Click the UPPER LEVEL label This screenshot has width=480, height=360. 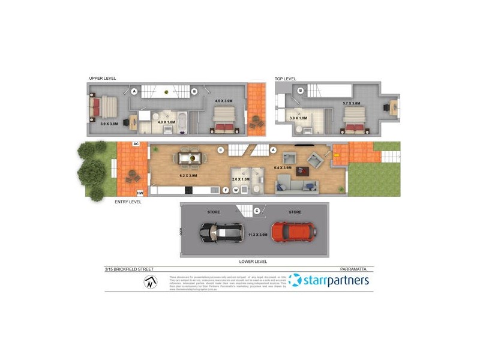pyautogui.click(x=102, y=79)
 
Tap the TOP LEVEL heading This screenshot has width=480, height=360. pyautogui.click(x=286, y=79)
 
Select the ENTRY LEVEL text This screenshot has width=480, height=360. pyautogui.click(x=128, y=202)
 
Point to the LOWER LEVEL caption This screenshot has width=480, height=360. pyautogui.click(x=253, y=262)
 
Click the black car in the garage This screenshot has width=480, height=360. pyautogui.click(x=221, y=232)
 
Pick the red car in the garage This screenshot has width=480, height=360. pyautogui.click(x=293, y=231)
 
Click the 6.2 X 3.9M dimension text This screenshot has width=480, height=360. pyautogui.click(x=188, y=176)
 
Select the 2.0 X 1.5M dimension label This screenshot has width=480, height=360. pyautogui.click(x=241, y=179)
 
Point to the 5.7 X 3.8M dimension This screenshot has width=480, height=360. pyautogui.click(x=351, y=104)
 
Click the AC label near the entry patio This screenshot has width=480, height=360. pyautogui.click(x=136, y=144)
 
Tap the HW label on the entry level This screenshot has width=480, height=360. pyautogui.click(x=140, y=193)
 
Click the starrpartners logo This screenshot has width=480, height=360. pyautogui.click(x=329, y=280)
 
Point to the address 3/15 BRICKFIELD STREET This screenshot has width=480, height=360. pyautogui.click(x=129, y=269)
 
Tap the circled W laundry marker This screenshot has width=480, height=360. pyautogui.click(x=236, y=190)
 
